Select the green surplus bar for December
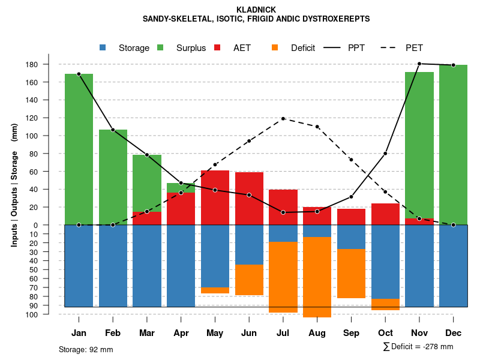pyautogui.click(x=453, y=145)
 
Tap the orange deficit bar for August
pyautogui.click(x=317, y=277)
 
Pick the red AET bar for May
pyautogui.click(x=215, y=197)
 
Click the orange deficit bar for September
pyautogui.click(x=351, y=274)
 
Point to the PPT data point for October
pyautogui.click(x=385, y=154)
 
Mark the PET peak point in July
pyautogui.click(x=283, y=119)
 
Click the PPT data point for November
pyautogui.click(x=419, y=64)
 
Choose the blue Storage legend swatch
pyautogui.click(x=103, y=48)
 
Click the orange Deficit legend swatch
pyautogui.click(x=275, y=48)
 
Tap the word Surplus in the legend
pyautogui.click(x=191, y=48)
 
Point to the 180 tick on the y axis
pyautogui.click(x=49, y=64)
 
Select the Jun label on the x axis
pyautogui.click(x=249, y=333)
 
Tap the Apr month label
pyautogui.click(x=181, y=333)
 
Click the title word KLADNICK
pyautogui.click(x=256, y=10)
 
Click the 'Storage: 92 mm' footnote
pyautogui.click(x=86, y=349)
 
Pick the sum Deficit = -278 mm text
pyautogui.click(x=418, y=347)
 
